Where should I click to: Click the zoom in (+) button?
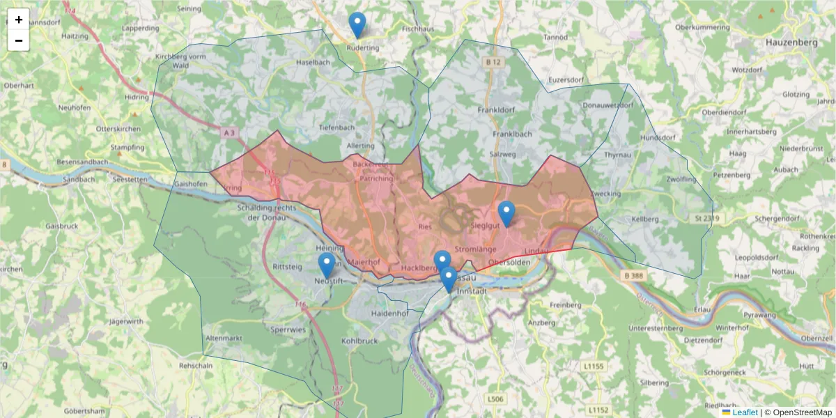coord(19,20)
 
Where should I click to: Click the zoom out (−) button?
coord(19,40)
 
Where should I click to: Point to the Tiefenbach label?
coord(337,128)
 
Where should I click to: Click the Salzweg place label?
coord(503,153)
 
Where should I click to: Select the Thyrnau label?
coord(618,154)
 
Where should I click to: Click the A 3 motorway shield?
coord(231,132)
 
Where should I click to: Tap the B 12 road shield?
coord(493,63)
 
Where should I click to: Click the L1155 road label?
coord(595,366)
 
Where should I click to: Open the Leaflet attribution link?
coord(745,412)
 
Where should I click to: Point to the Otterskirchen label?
coord(118,129)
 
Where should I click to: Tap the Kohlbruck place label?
coord(359,341)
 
